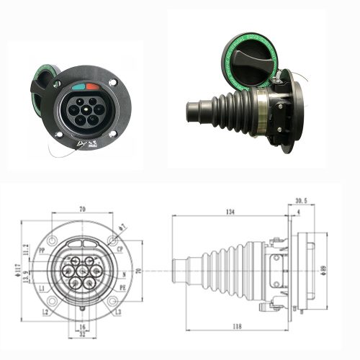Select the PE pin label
pos(122,288)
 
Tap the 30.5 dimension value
pos(301,202)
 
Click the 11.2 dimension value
pos(26,249)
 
